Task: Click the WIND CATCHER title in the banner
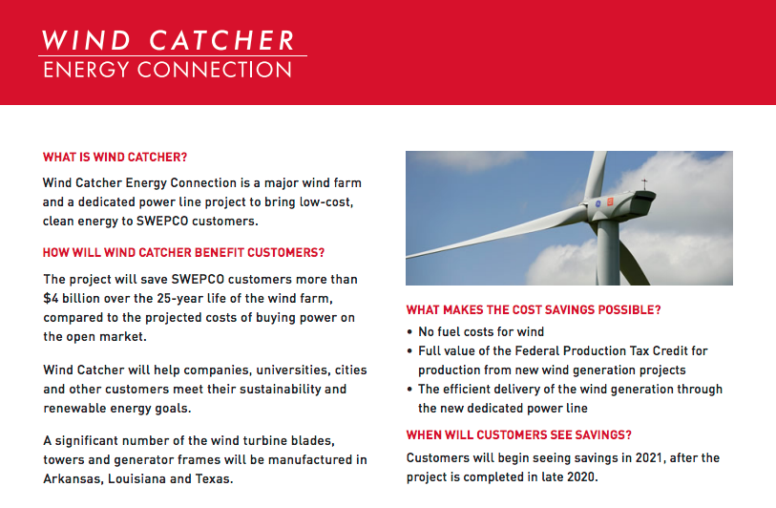click(x=168, y=41)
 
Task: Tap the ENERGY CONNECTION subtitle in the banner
click(x=168, y=70)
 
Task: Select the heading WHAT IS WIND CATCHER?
click(x=115, y=158)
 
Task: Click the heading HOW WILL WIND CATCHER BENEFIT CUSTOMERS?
click(x=183, y=253)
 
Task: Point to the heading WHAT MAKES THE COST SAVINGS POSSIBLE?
click(x=534, y=310)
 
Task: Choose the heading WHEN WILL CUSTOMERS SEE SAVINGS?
click(x=518, y=435)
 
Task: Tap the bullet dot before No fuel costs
click(x=409, y=332)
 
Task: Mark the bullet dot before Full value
click(x=409, y=351)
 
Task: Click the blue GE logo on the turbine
click(x=598, y=204)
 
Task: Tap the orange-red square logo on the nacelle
click(x=610, y=201)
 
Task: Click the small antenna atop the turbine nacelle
click(x=644, y=184)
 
